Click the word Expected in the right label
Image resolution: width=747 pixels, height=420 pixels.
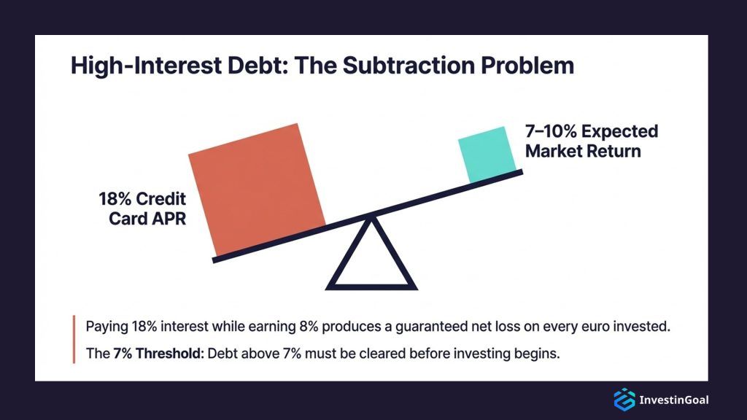[x=622, y=132]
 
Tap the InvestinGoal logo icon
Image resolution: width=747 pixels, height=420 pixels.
[x=624, y=399]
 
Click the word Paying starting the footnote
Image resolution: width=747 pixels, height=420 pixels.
[x=105, y=325]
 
